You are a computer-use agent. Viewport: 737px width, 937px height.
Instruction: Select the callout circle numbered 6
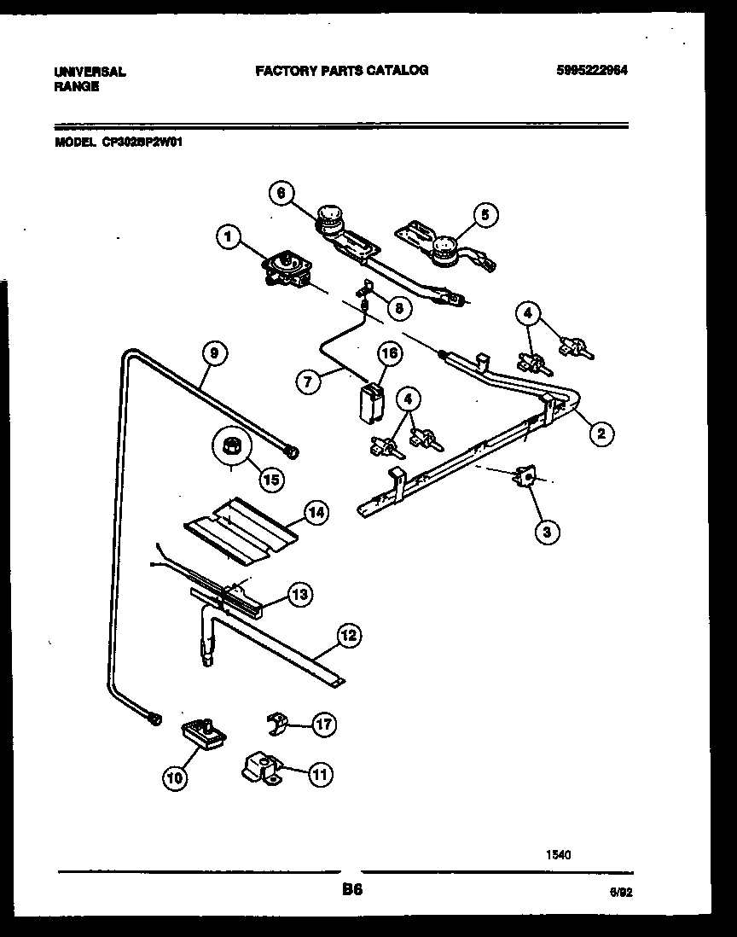280,194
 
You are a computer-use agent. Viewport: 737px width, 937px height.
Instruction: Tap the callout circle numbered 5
485,215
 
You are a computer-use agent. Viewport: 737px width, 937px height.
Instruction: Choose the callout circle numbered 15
270,480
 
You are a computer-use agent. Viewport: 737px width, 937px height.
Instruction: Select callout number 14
316,513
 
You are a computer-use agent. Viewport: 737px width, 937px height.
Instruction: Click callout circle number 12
347,635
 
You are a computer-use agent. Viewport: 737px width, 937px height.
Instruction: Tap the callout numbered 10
175,777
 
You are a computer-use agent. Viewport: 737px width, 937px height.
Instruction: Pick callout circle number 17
322,725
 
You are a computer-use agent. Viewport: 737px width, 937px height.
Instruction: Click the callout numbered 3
547,532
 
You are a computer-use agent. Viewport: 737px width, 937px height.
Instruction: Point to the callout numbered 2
601,434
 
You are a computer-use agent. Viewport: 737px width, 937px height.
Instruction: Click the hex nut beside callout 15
229,445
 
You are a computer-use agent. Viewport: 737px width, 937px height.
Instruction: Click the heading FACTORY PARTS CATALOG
342,71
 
